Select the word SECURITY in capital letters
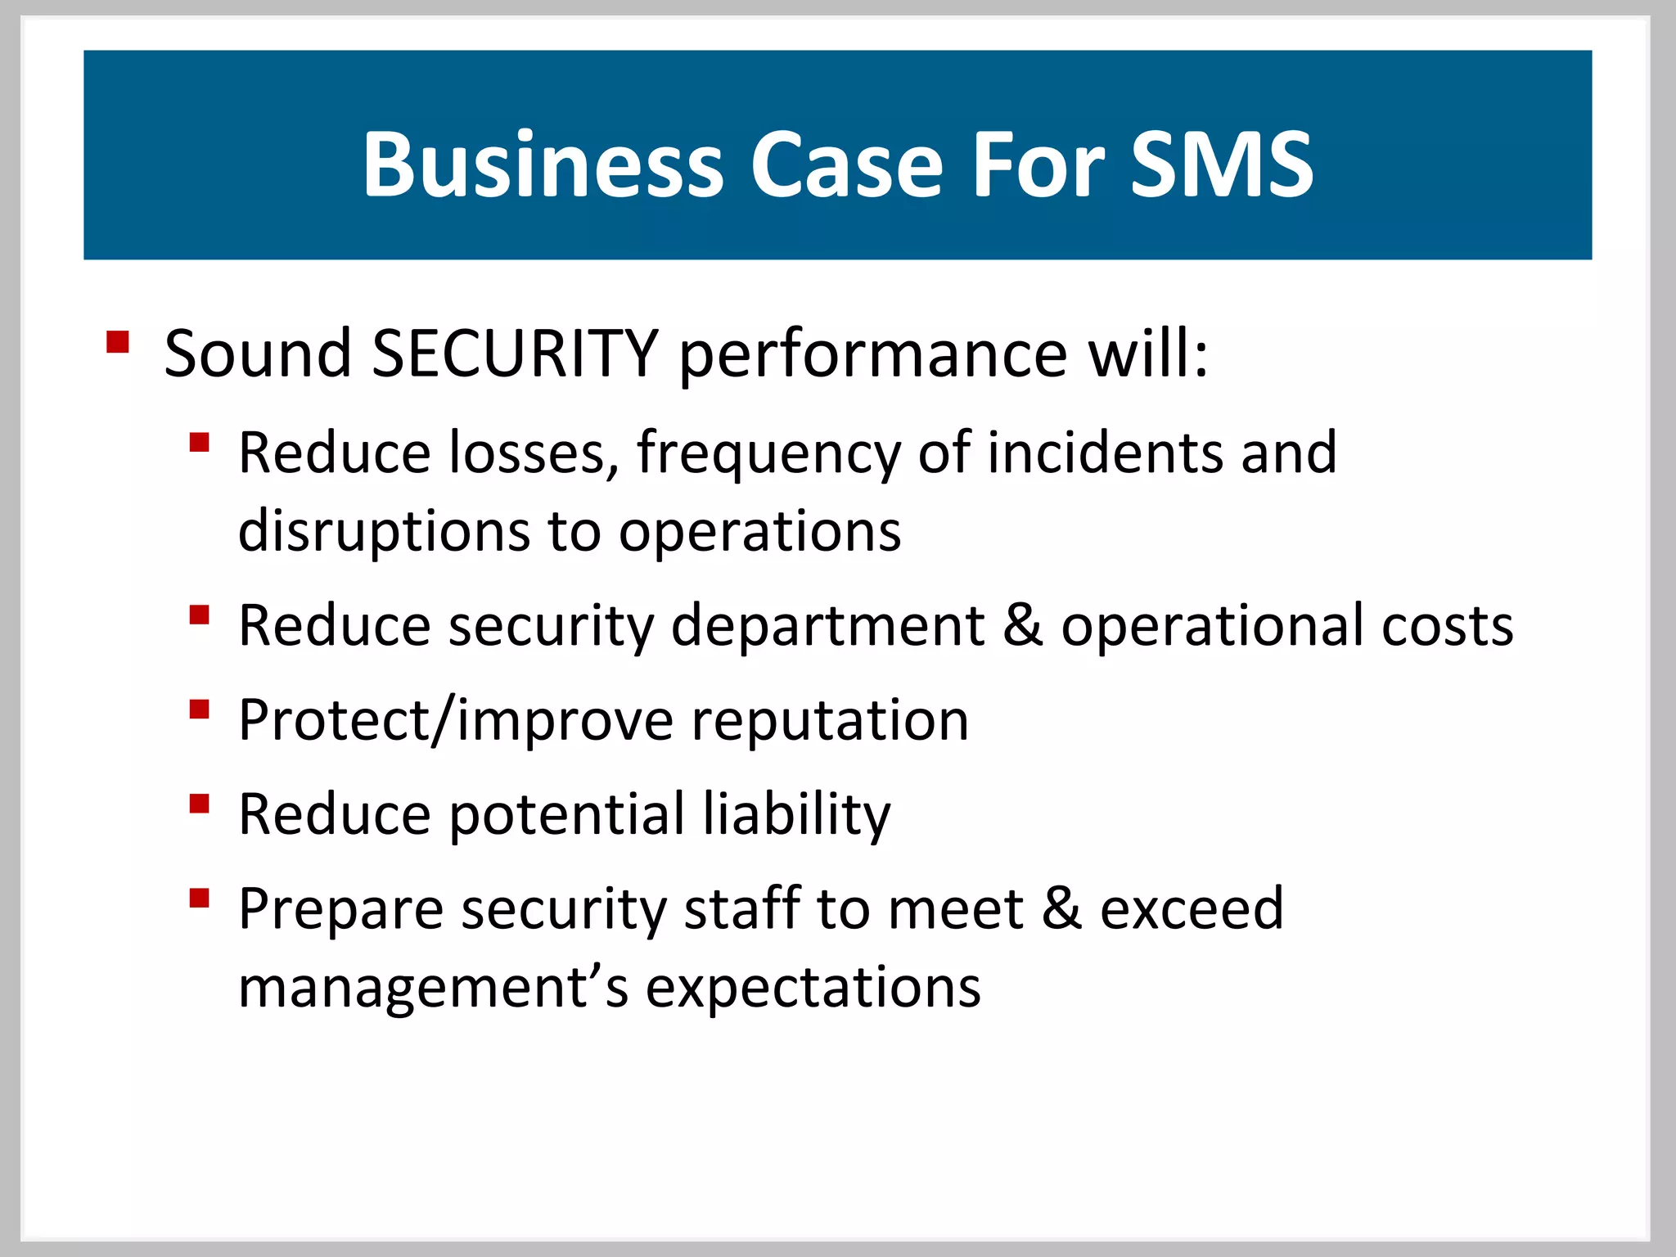pos(515,354)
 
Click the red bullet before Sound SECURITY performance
pos(118,341)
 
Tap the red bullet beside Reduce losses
pos(200,444)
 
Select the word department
pos(827,626)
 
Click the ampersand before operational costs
pos(1022,626)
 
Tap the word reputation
pos(830,721)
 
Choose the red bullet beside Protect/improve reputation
pos(200,709)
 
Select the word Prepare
pos(340,910)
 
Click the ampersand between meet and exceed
pos(1061,908)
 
